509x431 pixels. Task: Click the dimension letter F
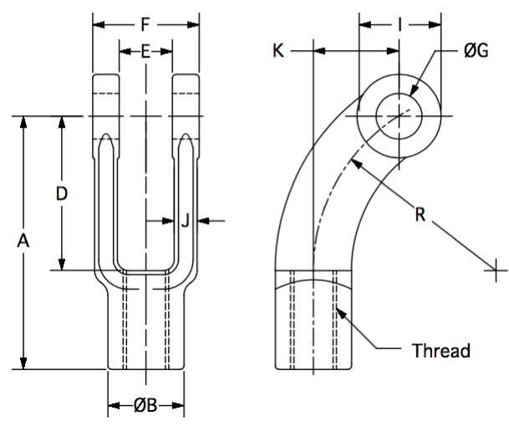(145, 25)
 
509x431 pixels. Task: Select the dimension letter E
(145, 52)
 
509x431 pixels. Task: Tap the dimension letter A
(23, 241)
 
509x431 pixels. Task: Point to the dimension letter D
(62, 194)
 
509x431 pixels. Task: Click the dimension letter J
(185, 221)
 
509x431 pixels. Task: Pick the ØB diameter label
(145, 405)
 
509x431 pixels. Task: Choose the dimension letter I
(400, 25)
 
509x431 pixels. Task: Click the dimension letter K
(278, 51)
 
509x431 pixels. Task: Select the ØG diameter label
(476, 51)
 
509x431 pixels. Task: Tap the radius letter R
(420, 215)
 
